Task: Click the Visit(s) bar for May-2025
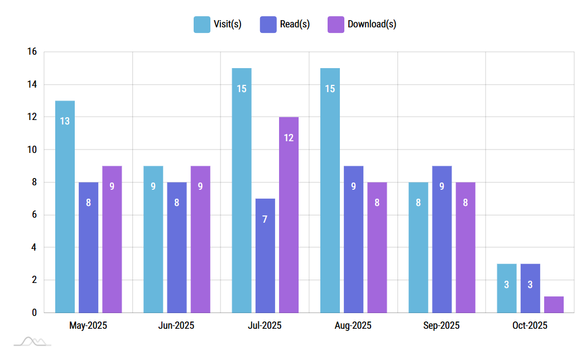point(65,207)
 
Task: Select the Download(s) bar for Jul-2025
point(289,215)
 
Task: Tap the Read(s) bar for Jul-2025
point(265,256)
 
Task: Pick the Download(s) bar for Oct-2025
point(554,304)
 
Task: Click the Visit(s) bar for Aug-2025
point(330,190)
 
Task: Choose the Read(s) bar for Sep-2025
point(441,239)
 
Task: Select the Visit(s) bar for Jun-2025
point(153,239)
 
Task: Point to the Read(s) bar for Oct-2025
point(530,288)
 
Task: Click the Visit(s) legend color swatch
point(201,25)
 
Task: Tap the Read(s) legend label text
point(295,25)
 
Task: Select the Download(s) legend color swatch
point(335,25)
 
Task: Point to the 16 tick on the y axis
point(32,52)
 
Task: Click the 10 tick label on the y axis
point(32,150)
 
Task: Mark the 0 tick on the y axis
point(34,313)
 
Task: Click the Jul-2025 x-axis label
point(265,325)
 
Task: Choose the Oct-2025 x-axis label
point(530,325)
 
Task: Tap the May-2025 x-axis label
point(88,325)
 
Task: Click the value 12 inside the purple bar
point(289,137)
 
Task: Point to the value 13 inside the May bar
point(65,121)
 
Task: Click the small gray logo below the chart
point(32,342)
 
